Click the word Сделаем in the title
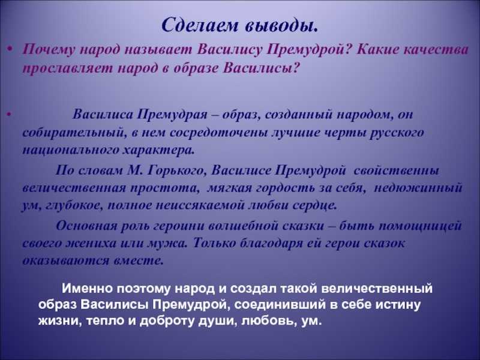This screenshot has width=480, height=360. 200,25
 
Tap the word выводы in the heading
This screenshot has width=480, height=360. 281,25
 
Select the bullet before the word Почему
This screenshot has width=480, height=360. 10,49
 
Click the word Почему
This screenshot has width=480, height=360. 49,50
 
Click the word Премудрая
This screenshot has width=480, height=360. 172,115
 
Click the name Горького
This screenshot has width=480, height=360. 175,170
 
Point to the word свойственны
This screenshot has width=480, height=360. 396,170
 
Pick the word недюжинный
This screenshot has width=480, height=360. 418,188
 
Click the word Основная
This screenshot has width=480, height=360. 86,226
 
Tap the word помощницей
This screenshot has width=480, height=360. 421,226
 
